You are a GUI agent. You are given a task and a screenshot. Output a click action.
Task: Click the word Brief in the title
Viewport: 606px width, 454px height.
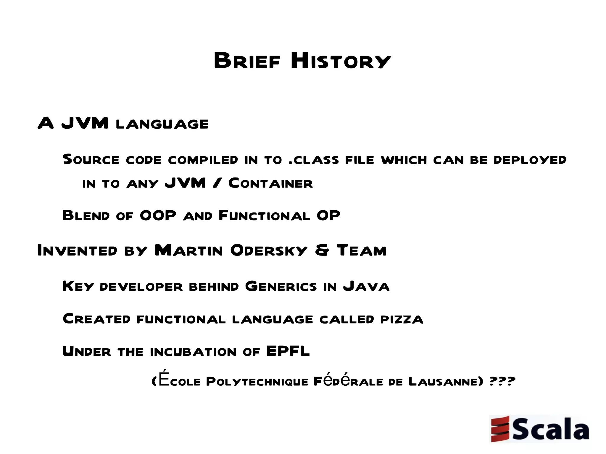point(247,61)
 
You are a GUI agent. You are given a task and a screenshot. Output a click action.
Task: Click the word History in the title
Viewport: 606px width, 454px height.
point(341,61)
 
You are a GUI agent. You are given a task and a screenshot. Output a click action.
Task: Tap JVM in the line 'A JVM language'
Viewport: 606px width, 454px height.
point(85,123)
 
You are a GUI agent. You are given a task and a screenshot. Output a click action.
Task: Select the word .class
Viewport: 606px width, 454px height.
point(314,160)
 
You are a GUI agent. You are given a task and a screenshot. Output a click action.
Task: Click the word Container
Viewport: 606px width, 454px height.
point(270,183)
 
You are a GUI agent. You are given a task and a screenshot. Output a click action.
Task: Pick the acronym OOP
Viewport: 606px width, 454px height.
point(158,216)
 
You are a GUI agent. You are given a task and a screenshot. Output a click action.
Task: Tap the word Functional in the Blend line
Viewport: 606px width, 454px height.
point(264,216)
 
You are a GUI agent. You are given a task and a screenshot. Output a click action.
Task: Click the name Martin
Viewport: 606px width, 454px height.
point(189,251)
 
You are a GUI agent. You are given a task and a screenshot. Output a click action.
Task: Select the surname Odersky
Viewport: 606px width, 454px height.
point(269,251)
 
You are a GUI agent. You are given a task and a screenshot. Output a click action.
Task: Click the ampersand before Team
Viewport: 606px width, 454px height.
point(322,251)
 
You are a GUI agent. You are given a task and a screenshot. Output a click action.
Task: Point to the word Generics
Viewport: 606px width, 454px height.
point(281,286)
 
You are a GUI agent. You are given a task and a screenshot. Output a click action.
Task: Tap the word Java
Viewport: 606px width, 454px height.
point(366,286)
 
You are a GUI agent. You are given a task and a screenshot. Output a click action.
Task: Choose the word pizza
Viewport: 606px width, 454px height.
point(402,319)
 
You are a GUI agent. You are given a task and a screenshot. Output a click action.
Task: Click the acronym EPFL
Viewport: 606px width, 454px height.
point(288,351)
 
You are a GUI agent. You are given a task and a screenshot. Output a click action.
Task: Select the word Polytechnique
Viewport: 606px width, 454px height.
point(257,381)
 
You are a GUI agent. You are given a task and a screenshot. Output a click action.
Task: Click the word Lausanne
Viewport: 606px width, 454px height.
point(443,381)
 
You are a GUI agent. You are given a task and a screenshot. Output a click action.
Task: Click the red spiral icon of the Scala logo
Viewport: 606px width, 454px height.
point(500,429)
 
